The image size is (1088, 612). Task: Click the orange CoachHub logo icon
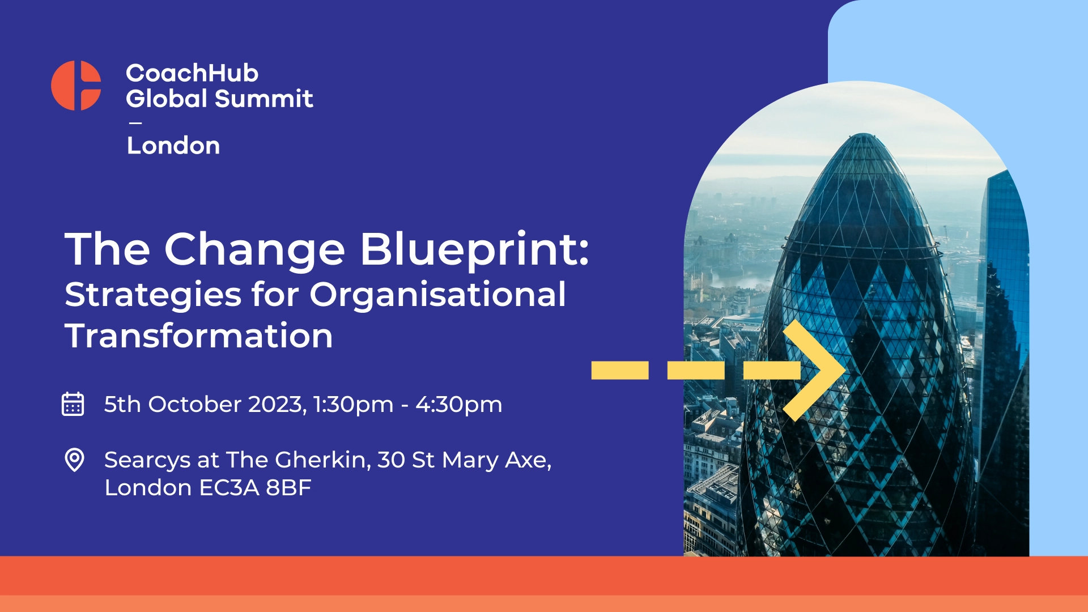[x=76, y=86]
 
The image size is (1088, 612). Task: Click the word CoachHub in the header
[x=192, y=73]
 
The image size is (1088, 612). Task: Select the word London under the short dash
[x=173, y=146]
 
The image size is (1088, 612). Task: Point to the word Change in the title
[x=254, y=250]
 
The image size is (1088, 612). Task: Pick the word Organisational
[x=437, y=295]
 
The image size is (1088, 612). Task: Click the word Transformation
[x=199, y=335]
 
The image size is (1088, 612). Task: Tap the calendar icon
[x=73, y=404]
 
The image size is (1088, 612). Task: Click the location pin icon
[x=74, y=460]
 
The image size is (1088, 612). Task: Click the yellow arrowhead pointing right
[x=815, y=371]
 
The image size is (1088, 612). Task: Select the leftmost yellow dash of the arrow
[x=620, y=371]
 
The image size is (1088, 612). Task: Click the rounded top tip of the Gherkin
[x=863, y=134]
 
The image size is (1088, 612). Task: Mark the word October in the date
[x=195, y=405]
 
